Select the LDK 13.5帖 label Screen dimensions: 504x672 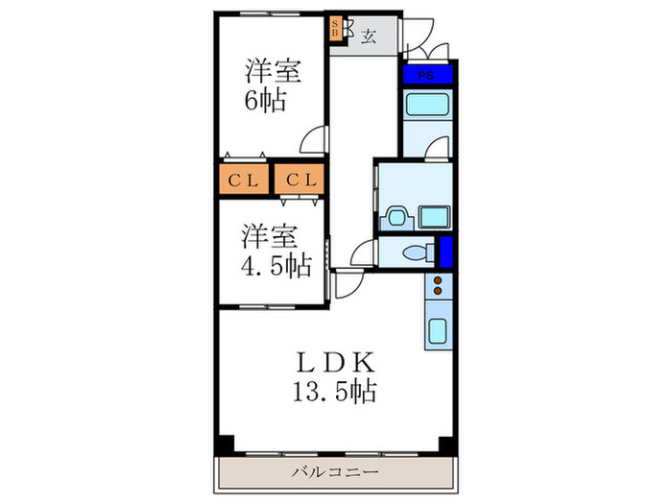(335, 377)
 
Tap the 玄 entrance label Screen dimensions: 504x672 (369, 36)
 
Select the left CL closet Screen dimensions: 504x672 (242, 179)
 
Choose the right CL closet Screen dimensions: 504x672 (300, 179)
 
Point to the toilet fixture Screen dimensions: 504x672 (416, 253)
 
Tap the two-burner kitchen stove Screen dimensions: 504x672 (438, 285)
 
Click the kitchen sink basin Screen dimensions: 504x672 (437, 332)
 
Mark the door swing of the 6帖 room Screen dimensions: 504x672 (312, 142)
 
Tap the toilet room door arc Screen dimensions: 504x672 (362, 255)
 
